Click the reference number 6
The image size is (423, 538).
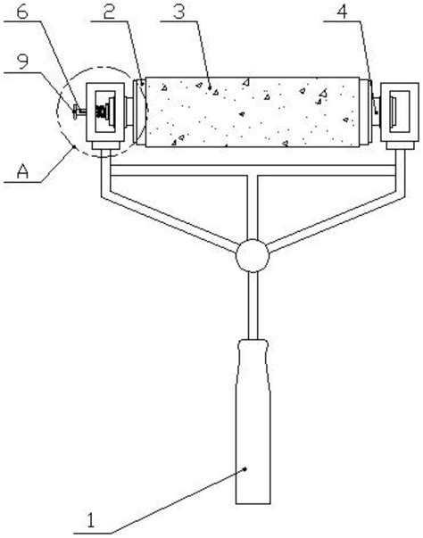tap(22, 12)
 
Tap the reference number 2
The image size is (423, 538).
tap(109, 12)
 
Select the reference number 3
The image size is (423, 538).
tap(179, 12)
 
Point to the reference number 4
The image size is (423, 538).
tap(342, 12)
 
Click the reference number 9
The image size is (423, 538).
tap(22, 62)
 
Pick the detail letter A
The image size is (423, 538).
tap(22, 171)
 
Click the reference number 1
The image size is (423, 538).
tap(90, 520)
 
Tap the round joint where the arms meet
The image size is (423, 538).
tap(253, 256)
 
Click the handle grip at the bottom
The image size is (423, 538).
tap(253, 422)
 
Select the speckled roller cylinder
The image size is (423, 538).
tap(253, 112)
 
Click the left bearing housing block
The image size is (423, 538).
tap(105, 112)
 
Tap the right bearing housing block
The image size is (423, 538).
tap(400, 112)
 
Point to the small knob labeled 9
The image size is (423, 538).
tap(75, 112)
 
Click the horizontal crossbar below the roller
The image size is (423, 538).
tap(253, 170)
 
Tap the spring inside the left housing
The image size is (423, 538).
tap(101, 112)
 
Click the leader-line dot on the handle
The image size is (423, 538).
tap(245, 468)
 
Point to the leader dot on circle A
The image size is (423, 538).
tap(74, 147)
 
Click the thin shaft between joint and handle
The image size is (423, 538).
tap(253, 305)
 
